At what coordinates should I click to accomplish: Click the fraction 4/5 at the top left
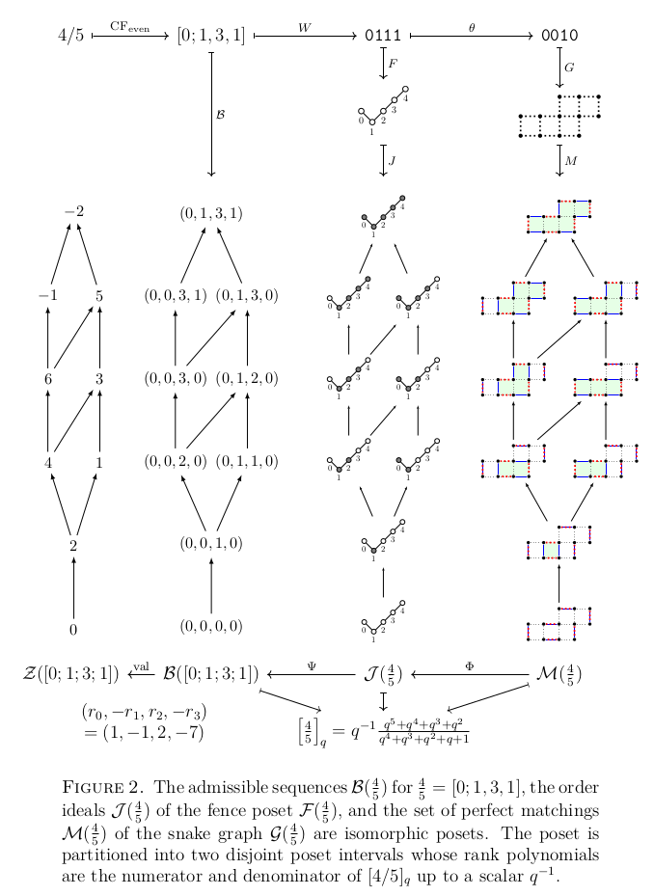[70, 37]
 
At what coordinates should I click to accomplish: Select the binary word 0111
[383, 37]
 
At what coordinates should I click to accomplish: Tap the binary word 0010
[559, 37]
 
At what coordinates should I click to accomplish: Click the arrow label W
[305, 28]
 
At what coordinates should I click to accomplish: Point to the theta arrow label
[472, 28]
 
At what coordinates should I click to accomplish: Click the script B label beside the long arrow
[221, 114]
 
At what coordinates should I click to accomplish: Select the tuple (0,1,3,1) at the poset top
[210, 212]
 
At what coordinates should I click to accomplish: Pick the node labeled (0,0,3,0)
[175, 378]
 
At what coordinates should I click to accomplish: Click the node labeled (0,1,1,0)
[247, 461]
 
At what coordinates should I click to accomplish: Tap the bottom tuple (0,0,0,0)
[210, 626]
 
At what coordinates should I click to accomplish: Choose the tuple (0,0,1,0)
[210, 543]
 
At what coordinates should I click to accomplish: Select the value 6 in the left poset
[47, 378]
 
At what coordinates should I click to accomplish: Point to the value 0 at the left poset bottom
[73, 629]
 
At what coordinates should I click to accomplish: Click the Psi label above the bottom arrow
[312, 665]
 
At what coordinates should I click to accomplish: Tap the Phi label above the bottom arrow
[470, 665]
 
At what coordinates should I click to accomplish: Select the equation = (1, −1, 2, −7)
[144, 732]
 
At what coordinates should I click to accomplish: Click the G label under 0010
[569, 68]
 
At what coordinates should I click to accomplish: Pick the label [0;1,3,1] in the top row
[210, 37]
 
